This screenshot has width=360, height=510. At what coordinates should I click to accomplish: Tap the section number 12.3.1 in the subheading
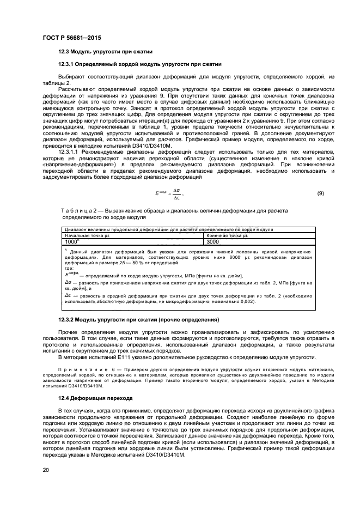(x=68, y=64)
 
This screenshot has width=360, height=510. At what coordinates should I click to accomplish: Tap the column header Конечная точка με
(x=225, y=235)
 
